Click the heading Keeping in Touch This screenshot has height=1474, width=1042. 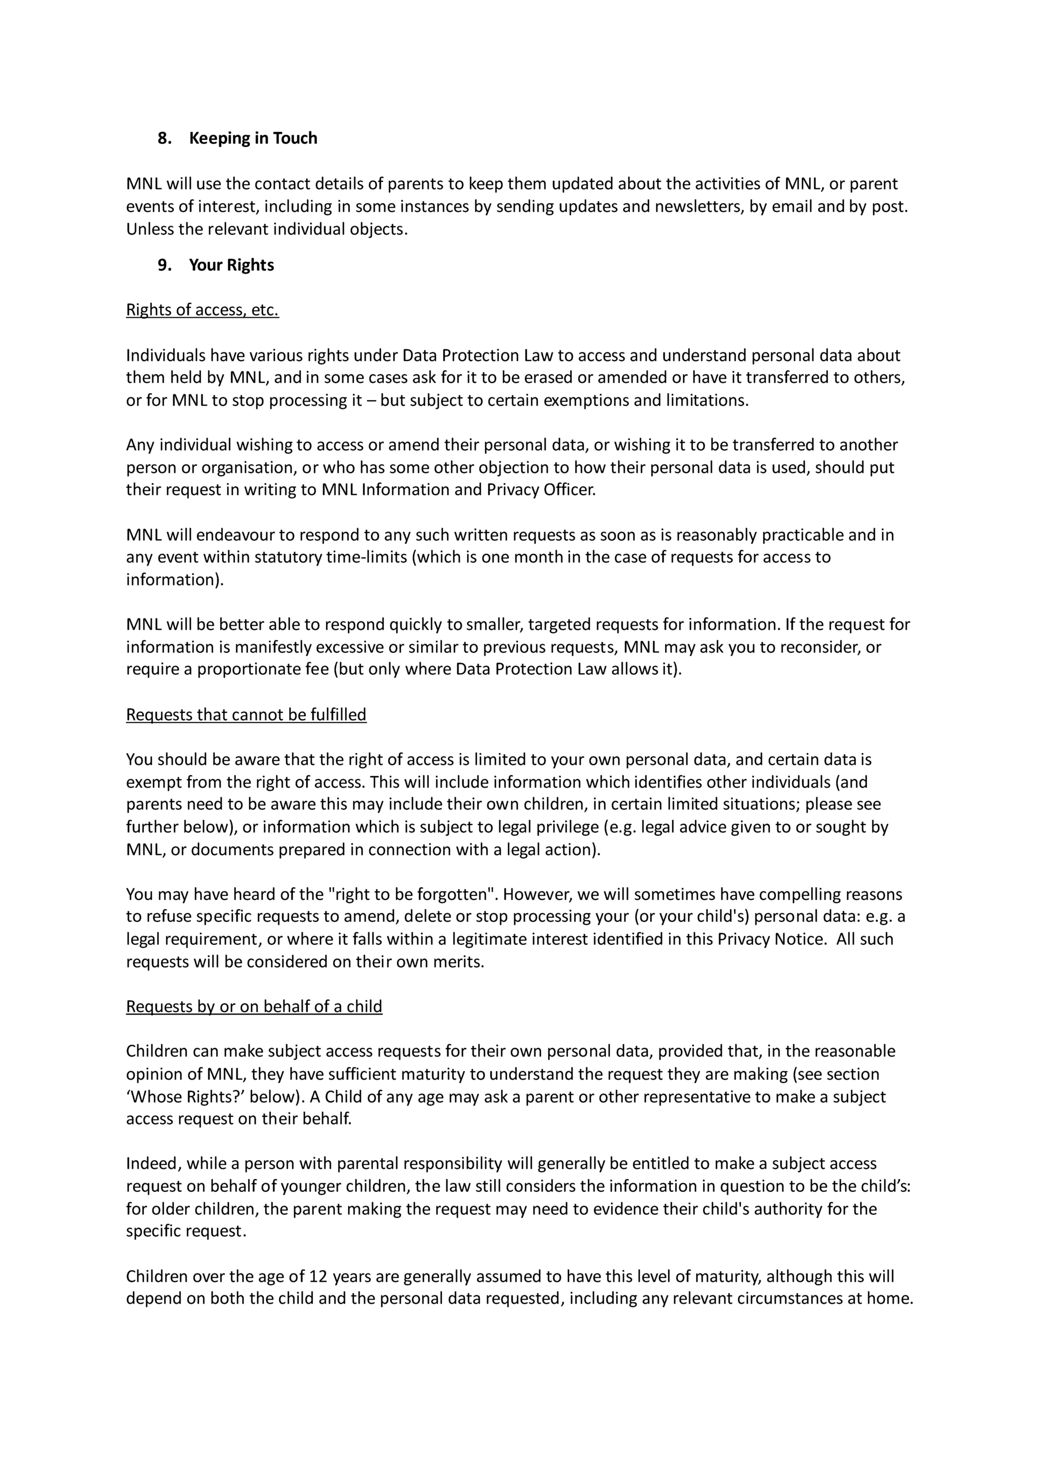click(x=253, y=138)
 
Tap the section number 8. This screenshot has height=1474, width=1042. click(x=164, y=138)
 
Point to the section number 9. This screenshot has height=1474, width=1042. click(x=164, y=265)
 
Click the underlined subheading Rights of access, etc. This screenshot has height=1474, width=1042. click(x=202, y=310)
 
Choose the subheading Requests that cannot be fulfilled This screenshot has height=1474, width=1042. click(x=246, y=715)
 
